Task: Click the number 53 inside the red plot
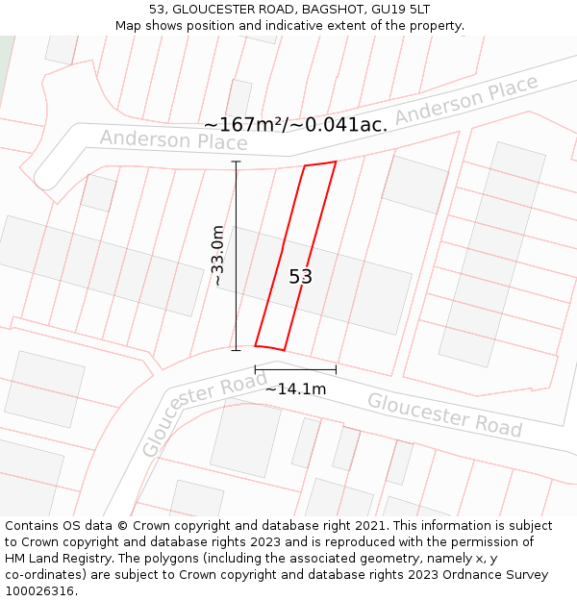(x=301, y=277)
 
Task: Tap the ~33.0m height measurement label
(x=218, y=257)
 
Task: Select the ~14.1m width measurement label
(x=295, y=388)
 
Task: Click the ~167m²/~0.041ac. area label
(x=296, y=125)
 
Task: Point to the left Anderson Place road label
(x=173, y=140)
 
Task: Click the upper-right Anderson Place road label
(x=466, y=101)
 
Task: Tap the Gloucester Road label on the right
(x=444, y=414)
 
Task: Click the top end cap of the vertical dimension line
(x=237, y=162)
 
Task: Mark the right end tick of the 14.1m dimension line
(x=336, y=369)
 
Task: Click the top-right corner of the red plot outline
(x=336, y=162)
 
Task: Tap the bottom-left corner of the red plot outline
(x=255, y=345)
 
